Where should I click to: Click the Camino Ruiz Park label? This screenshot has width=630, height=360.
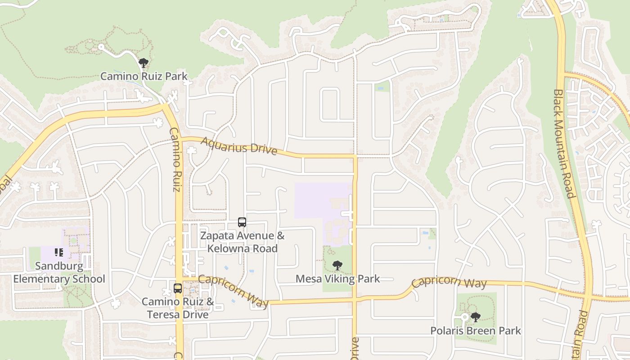tap(144, 76)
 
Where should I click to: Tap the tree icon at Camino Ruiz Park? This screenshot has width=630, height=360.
tap(144, 63)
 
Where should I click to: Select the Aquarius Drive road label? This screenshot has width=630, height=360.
tap(238, 146)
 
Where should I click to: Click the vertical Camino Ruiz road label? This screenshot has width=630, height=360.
tap(176, 160)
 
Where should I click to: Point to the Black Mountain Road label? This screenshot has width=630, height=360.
tap(564, 143)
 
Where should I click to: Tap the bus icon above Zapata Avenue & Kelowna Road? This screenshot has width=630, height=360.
tap(242, 222)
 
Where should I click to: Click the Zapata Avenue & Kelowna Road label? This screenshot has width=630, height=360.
tap(242, 242)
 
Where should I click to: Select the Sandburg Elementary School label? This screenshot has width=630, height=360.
tap(59, 272)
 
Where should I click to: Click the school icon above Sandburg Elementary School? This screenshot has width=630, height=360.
tap(59, 252)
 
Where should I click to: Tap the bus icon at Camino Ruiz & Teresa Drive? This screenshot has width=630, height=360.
tap(178, 288)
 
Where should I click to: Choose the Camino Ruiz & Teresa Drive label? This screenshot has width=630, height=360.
tap(178, 308)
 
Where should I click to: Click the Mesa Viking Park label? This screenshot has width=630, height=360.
tap(337, 279)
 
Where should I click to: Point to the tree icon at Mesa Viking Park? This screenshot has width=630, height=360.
tap(337, 265)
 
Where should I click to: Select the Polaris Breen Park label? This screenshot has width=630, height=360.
tap(476, 331)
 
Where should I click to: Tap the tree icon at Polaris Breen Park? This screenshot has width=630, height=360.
tap(476, 317)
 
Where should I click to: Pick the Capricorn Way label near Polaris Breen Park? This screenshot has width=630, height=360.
tap(449, 282)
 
